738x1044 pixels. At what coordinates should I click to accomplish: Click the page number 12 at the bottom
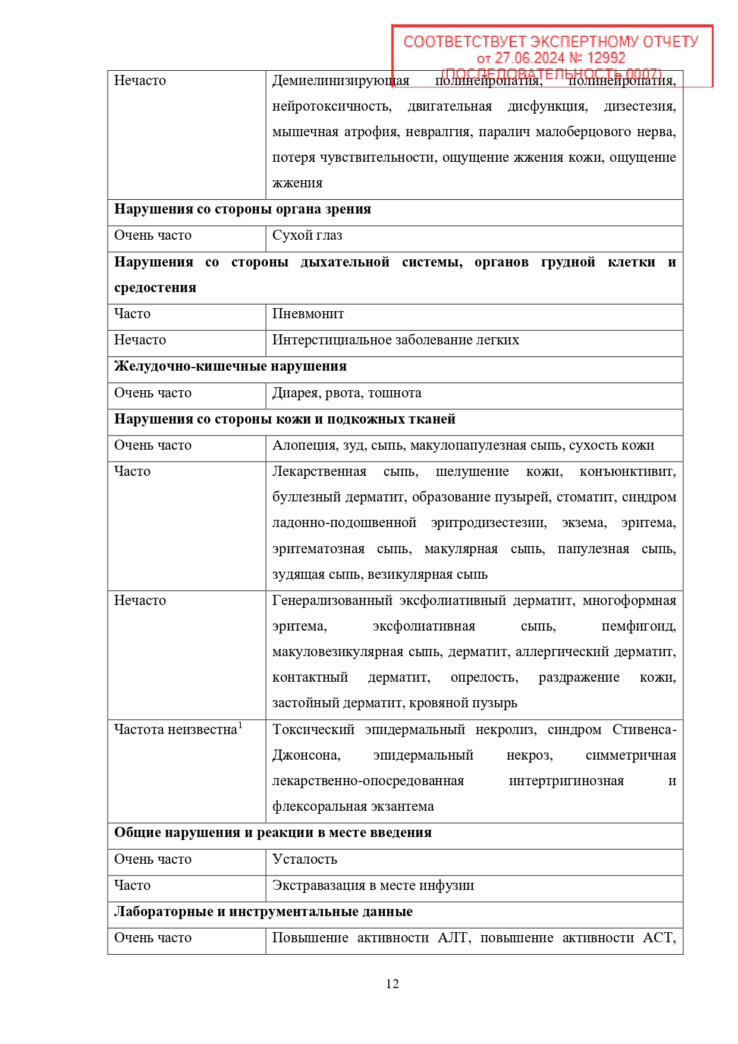pyautogui.click(x=392, y=984)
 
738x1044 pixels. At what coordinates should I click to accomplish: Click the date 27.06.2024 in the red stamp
pyautogui.click(x=529, y=58)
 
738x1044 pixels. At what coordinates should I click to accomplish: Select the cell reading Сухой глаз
pyautogui.click(x=307, y=236)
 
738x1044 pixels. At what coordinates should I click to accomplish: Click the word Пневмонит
pyautogui.click(x=308, y=314)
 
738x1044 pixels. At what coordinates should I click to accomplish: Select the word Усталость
pyautogui.click(x=304, y=860)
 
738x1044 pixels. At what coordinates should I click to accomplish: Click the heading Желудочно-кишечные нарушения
pyautogui.click(x=230, y=366)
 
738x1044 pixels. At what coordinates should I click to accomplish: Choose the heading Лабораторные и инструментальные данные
pyautogui.click(x=263, y=912)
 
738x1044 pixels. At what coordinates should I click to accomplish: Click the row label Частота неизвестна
pyautogui.click(x=175, y=730)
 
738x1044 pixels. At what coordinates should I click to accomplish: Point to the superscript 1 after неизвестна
pyautogui.click(x=240, y=725)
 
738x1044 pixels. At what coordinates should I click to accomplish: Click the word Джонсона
pyautogui.click(x=306, y=755)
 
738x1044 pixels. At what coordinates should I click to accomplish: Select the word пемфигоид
pyautogui.click(x=639, y=626)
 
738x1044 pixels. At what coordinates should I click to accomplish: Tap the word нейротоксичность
pyautogui.click(x=331, y=106)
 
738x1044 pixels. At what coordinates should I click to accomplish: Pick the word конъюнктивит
pyautogui.click(x=627, y=472)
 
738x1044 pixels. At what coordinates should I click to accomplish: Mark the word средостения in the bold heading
pyautogui.click(x=155, y=288)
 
